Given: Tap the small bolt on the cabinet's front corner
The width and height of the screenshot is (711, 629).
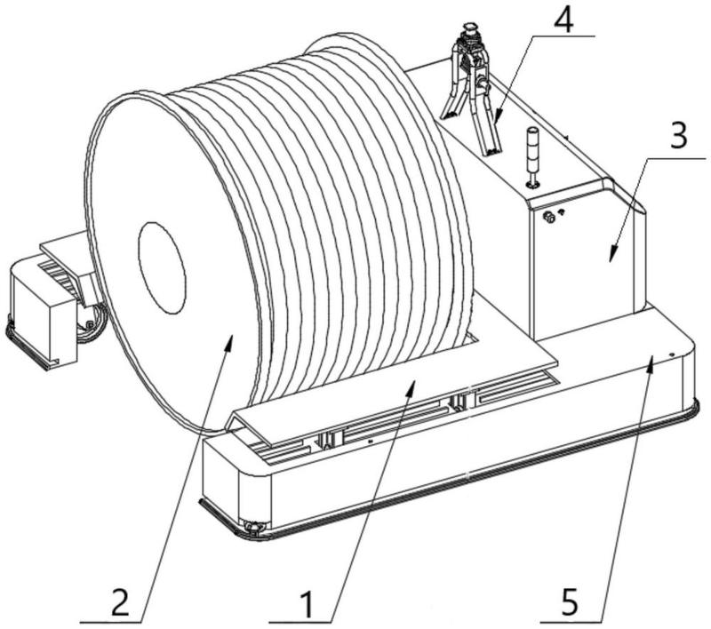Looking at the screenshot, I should point(549,216).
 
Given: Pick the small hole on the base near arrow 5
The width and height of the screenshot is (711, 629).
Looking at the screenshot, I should point(671,353).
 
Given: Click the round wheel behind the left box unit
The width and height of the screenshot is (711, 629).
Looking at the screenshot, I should point(92,323).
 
